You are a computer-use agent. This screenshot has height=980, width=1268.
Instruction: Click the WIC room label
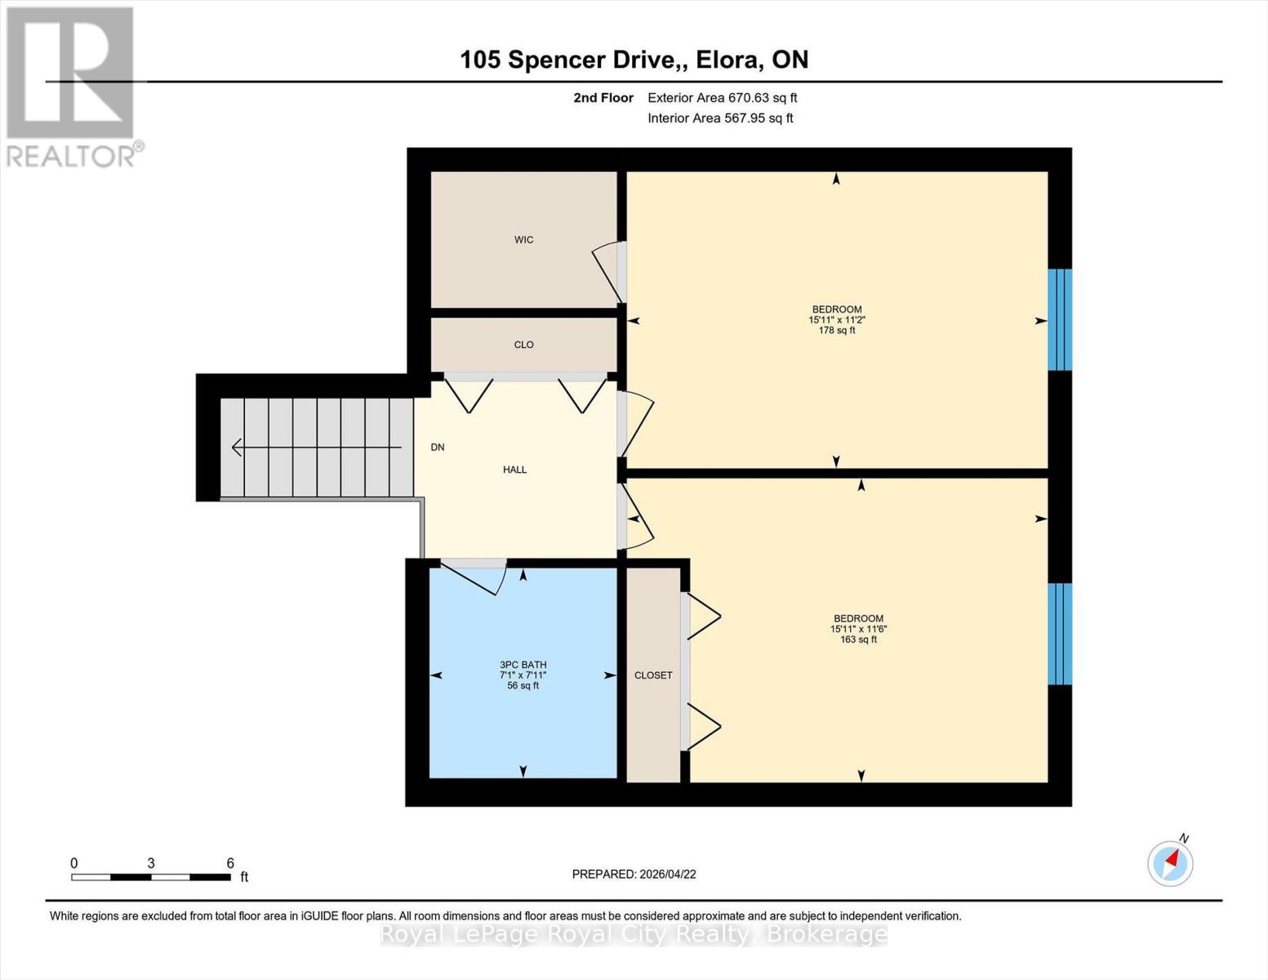click(x=523, y=239)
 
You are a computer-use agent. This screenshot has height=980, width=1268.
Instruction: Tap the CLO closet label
click(x=523, y=345)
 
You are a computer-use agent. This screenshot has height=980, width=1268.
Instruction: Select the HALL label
click(x=514, y=470)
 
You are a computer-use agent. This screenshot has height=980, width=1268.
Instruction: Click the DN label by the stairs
click(x=438, y=448)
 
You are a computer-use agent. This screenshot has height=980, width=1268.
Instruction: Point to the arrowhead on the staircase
click(x=238, y=448)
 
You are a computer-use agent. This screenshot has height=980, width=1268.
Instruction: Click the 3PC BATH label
click(x=523, y=665)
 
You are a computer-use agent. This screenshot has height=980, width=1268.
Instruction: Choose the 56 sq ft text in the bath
click(x=523, y=686)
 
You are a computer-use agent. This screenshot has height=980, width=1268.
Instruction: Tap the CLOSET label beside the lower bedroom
click(x=653, y=675)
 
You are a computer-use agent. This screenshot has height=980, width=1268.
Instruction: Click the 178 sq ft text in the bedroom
click(x=837, y=331)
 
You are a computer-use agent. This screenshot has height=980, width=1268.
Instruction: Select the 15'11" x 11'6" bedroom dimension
click(x=858, y=629)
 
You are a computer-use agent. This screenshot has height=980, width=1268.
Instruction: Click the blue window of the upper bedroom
click(x=1060, y=320)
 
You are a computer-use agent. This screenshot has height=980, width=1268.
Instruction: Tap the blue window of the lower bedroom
click(x=1060, y=634)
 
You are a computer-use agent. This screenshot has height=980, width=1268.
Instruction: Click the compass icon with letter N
click(x=1170, y=862)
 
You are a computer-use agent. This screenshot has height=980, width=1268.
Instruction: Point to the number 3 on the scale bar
click(x=151, y=863)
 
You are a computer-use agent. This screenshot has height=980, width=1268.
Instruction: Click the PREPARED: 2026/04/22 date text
click(x=634, y=874)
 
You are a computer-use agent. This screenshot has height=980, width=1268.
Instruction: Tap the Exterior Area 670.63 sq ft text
click(x=722, y=98)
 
